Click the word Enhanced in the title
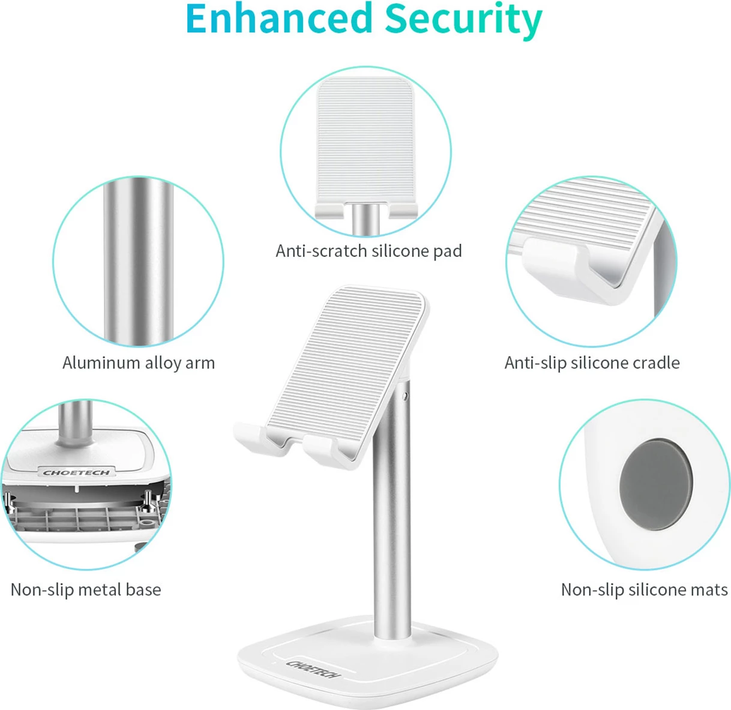[278, 18]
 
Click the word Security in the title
[463, 20]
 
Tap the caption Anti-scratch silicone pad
[369, 251]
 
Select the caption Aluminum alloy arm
[139, 363]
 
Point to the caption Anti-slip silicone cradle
[592, 363]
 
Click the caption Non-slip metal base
[86, 589]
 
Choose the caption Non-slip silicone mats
[644, 589]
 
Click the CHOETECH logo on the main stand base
[313, 669]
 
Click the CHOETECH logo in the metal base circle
[76, 472]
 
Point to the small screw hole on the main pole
[404, 396]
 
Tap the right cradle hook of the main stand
[328, 451]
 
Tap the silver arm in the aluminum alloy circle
[139, 262]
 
